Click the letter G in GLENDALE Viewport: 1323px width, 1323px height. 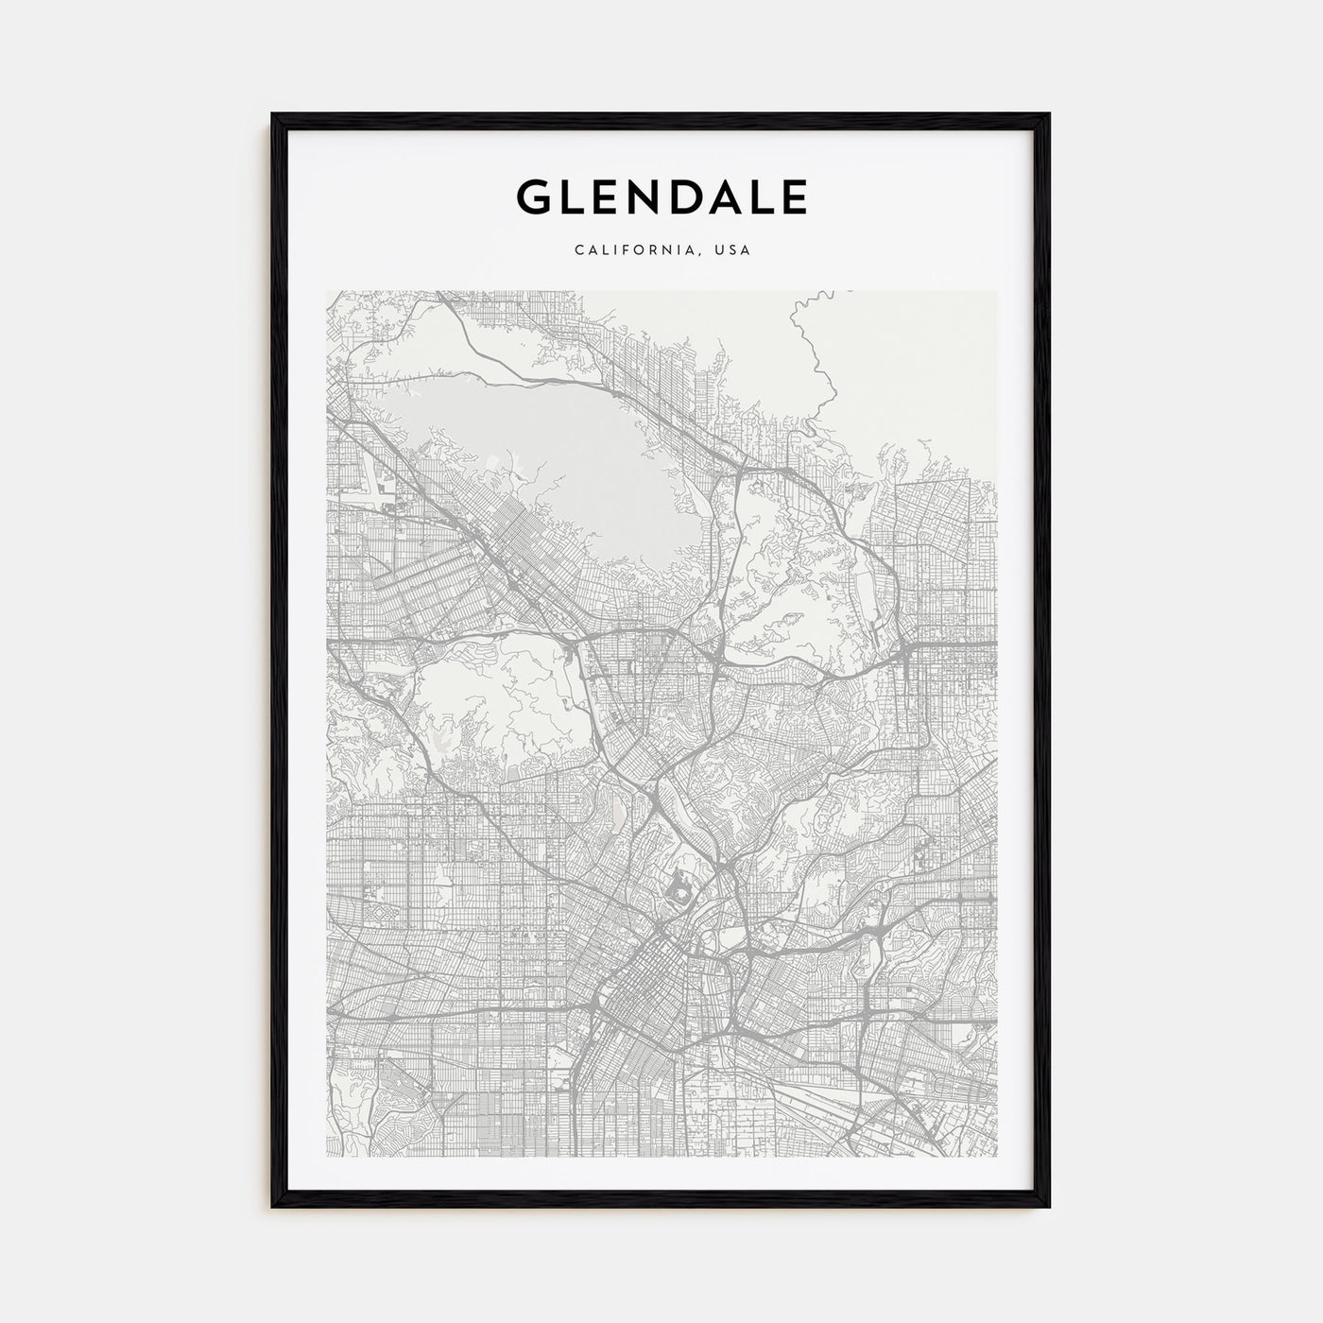[534, 197]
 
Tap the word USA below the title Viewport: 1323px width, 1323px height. [732, 251]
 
